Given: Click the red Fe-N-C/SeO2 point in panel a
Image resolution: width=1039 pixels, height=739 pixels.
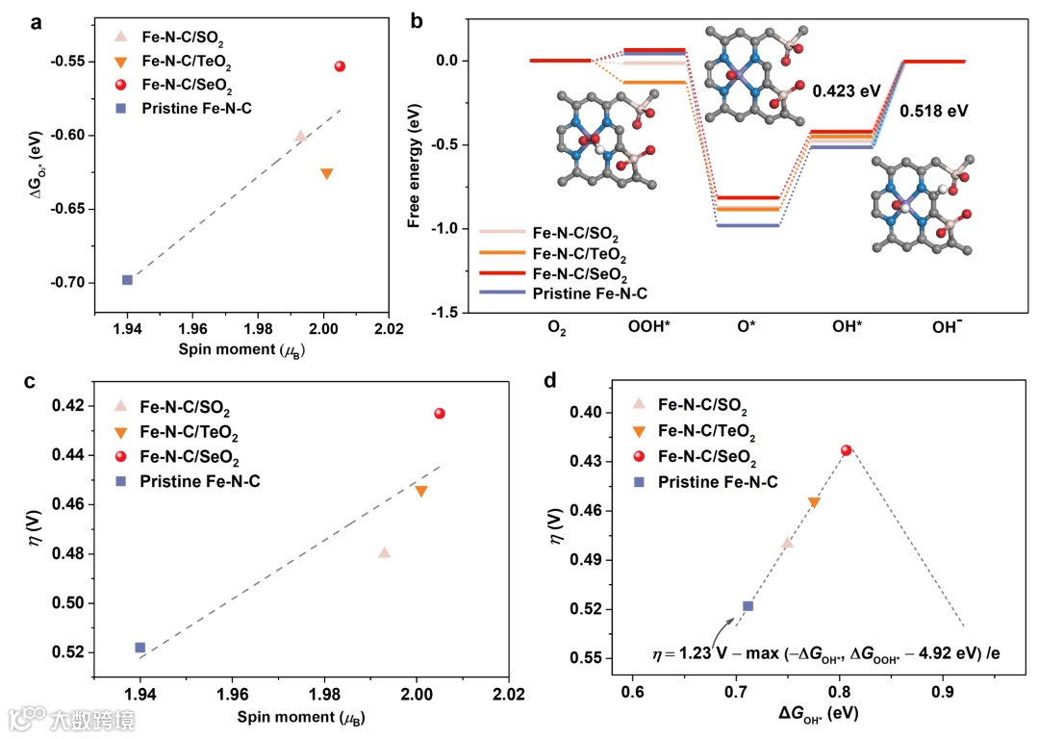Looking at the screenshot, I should tap(340, 66).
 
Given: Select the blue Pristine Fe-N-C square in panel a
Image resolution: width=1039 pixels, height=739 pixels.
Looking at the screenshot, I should tap(127, 280).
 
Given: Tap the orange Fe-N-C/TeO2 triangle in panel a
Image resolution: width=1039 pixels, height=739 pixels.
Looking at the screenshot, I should tap(326, 173).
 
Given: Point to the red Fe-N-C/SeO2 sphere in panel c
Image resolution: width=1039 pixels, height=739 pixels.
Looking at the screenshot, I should tap(440, 414).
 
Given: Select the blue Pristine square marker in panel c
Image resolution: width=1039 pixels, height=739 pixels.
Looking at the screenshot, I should tap(140, 648).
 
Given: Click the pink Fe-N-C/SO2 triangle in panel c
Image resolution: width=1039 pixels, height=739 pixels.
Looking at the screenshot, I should tap(385, 552).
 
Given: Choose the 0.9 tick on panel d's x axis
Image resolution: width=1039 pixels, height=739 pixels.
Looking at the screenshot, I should tap(943, 691).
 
